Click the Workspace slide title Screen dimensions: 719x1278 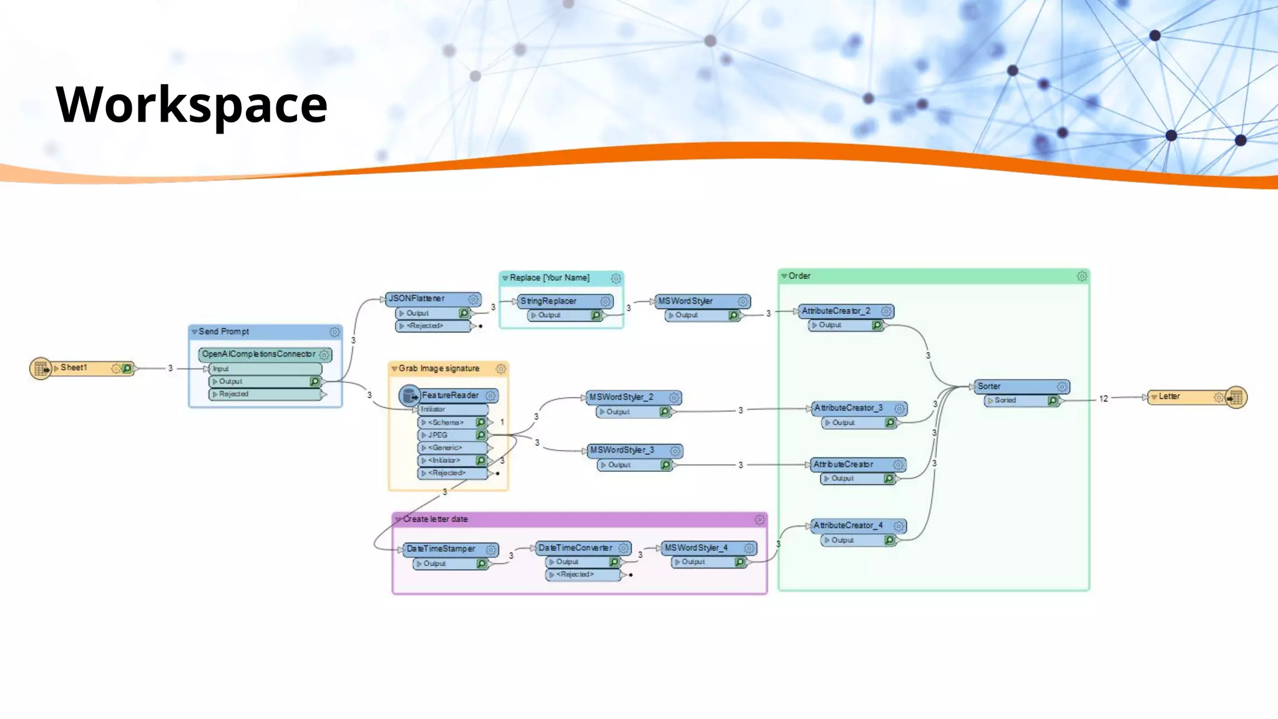pos(192,104)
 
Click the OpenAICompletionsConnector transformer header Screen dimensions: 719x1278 pos(259,355)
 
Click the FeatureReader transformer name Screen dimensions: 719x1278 pos(450,396)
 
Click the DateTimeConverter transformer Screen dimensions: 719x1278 pos(575,548)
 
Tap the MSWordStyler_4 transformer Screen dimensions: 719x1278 pos(696,548)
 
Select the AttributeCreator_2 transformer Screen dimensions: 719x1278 pos(836,311)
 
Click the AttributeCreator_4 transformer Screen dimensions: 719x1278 pos(848,526)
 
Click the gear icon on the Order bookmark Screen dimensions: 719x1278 pos(1081,276)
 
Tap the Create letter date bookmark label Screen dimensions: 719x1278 pos(435,519)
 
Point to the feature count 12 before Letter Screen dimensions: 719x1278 pos(1103,398)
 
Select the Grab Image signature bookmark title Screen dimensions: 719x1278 pos(439,369)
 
